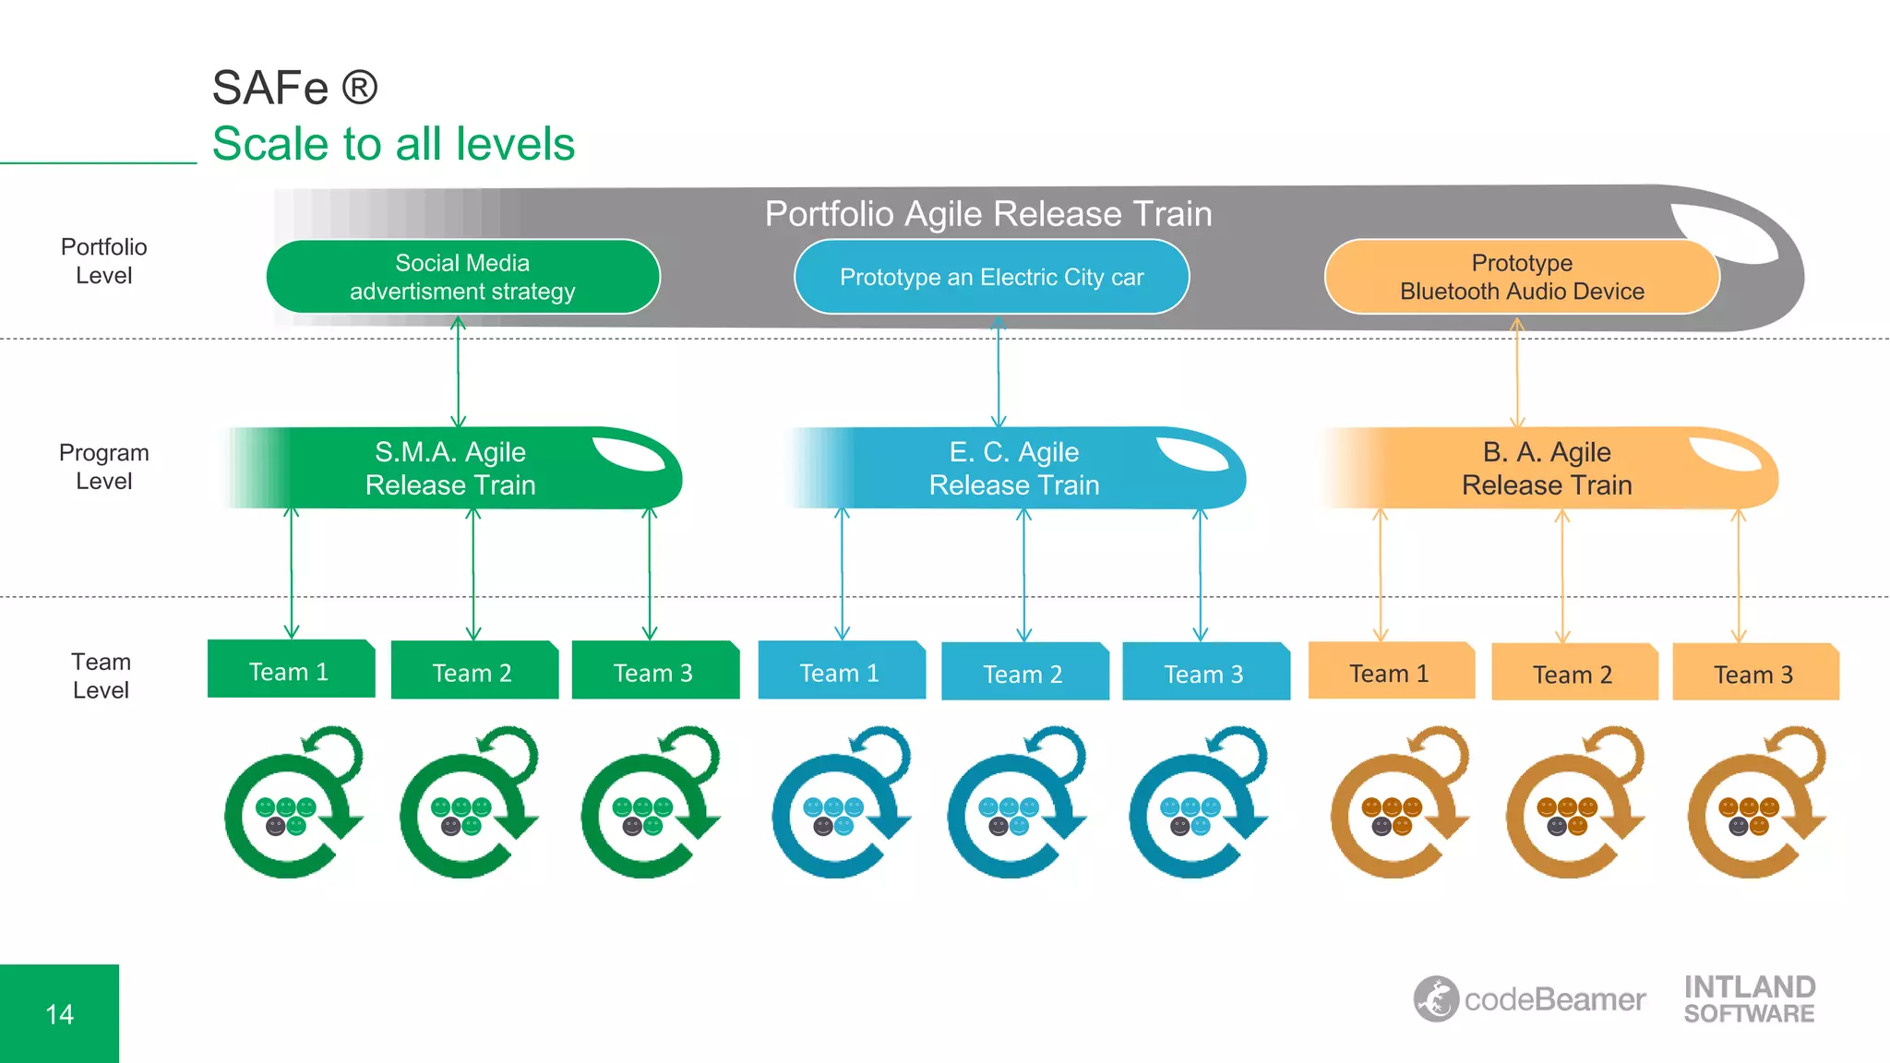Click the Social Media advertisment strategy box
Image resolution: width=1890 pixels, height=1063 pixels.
(462, 277)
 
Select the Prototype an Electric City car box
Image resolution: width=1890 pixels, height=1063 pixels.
(991, 277)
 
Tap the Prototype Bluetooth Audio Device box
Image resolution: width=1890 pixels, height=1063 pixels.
(1521, 277)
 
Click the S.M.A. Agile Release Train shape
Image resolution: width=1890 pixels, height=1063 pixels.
(450, 468)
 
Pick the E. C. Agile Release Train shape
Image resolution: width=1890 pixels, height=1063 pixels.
(1013, 468)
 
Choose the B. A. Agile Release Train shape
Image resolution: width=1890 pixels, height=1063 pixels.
(1547, 468)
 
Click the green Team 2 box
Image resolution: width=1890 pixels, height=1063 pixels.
(473, 671)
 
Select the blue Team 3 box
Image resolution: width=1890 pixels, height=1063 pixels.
(1204, 673)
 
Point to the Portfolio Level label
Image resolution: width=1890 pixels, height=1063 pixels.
(103, 261)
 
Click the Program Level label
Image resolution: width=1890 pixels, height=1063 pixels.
(103, 467)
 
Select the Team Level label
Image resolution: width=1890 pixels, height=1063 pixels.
(102, 676)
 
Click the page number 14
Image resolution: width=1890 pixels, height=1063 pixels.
(59, 1014)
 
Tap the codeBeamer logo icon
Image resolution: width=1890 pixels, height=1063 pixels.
(1436, 999)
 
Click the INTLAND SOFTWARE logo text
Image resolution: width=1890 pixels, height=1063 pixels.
(1749, 999)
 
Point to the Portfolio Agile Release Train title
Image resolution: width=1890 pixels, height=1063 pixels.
(987, 214)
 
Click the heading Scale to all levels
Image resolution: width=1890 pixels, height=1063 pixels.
(393, 144)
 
